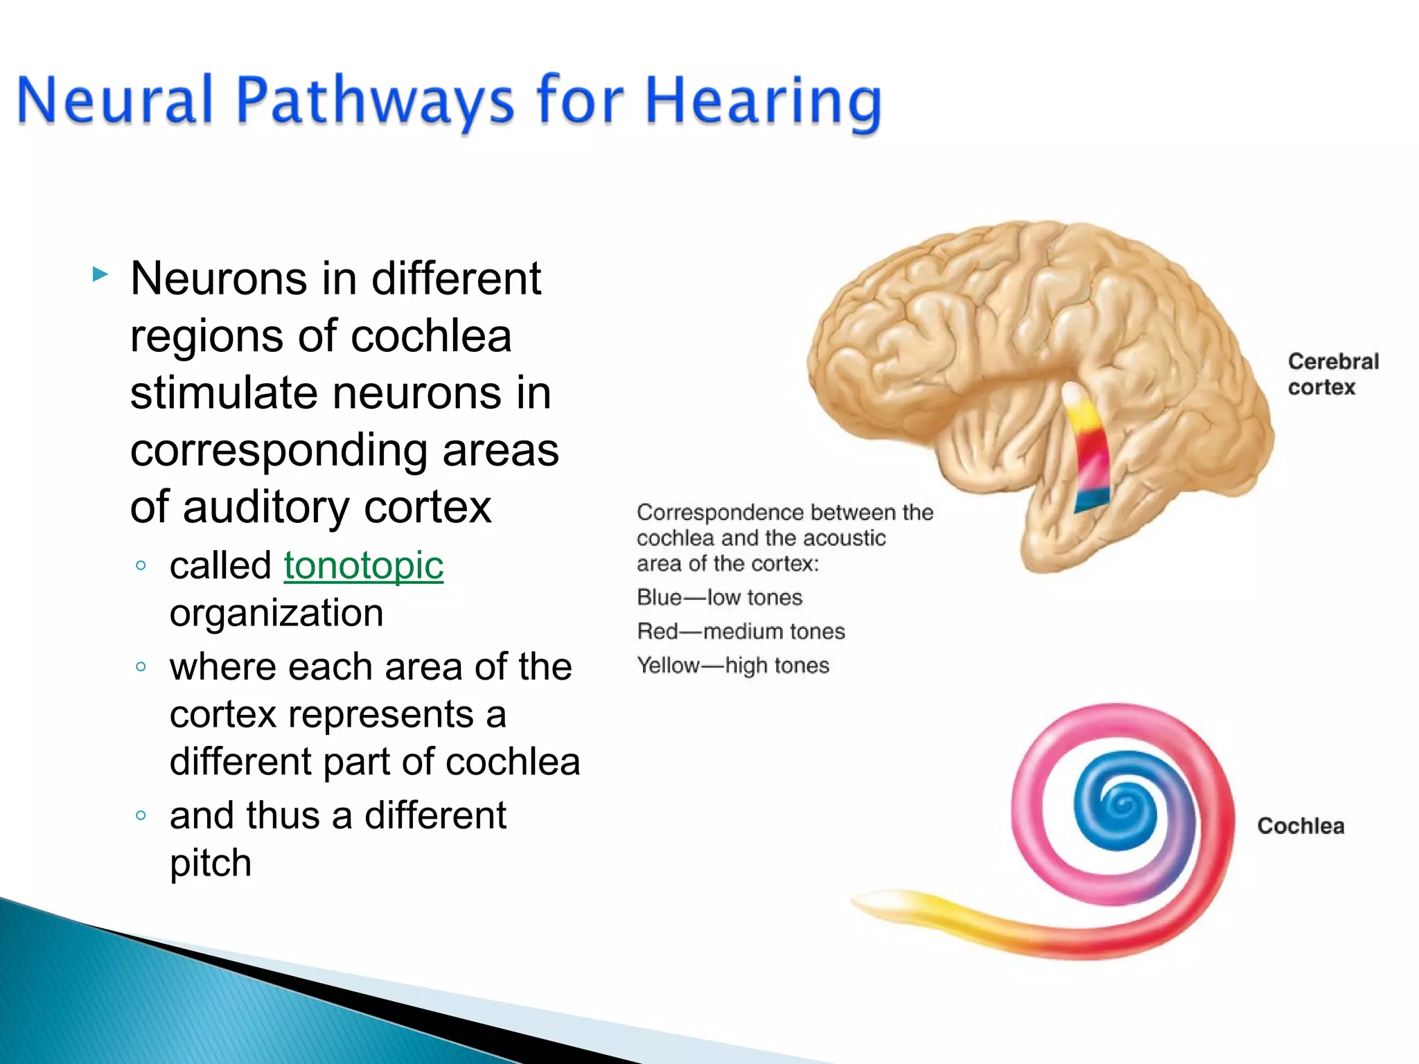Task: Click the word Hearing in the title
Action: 762,103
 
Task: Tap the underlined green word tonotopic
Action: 363,565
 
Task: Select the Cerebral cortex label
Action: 1332,374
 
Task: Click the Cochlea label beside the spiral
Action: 1300,826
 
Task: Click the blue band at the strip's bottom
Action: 1091,500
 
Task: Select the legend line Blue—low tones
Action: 719,597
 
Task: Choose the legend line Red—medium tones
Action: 741,631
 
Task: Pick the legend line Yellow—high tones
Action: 732,665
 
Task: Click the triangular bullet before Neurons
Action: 100,275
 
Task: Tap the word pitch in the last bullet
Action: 211,863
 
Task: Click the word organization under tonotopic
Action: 276,613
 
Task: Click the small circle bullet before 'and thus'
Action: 141,815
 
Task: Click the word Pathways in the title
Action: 374,103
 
